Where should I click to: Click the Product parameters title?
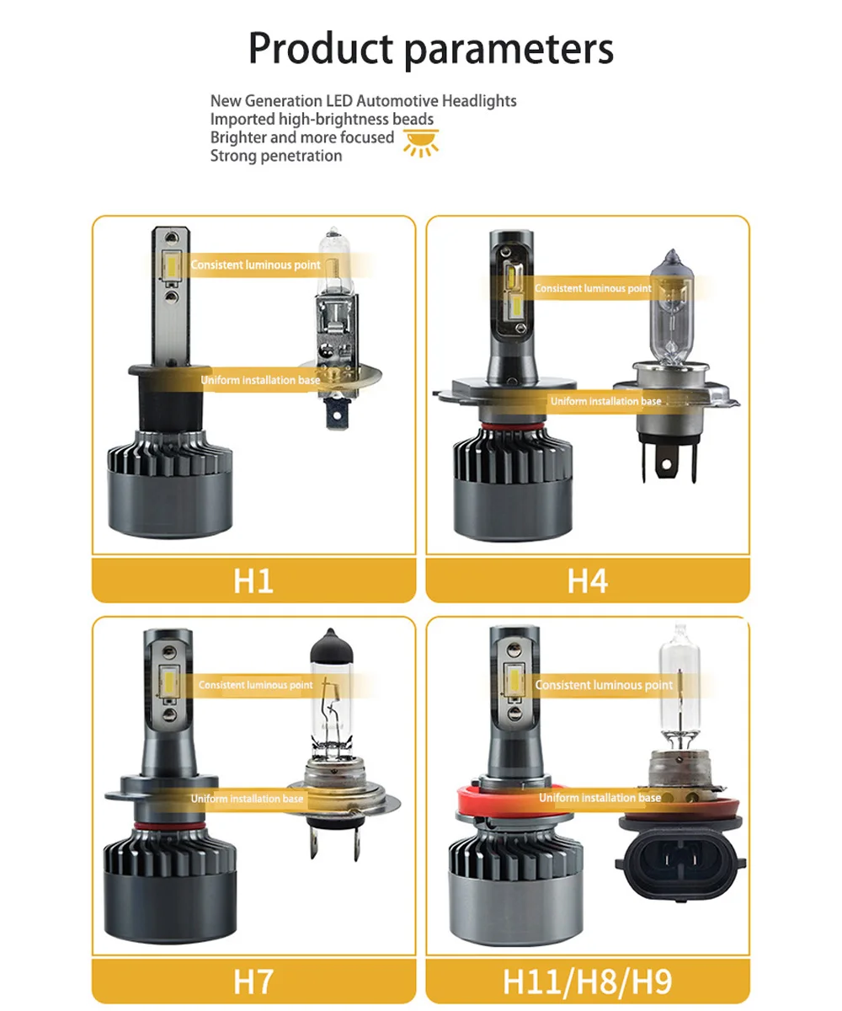pyautogui.click(x=430, y=50)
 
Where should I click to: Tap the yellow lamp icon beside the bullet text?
pyautogui.click(x=421, y=143)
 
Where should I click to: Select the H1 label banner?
pyautogui.click(x=253, y=580)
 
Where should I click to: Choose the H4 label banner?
pyautogui.click(x=588, y=580)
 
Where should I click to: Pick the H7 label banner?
pyautogui.click(x=253, y=981)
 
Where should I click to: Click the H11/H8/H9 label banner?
pyautogui.click(x=588, y=981)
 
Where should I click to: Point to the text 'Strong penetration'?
pyautogui.click(x=276, y=156)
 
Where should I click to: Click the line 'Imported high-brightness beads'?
pyautogui.click(x=322, y=119)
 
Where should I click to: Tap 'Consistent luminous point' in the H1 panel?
pyautogui.click(x=255, y=265)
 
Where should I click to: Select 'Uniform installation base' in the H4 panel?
pyautogui.click(x=606, y=401)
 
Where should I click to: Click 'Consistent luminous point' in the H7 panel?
pyautogui.click(x=255, y=685)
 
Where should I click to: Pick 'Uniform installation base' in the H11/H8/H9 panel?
pyautogui.click(x=600, y=798)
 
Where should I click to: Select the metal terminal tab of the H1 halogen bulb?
pyautogui.click(x=337, y=413)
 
